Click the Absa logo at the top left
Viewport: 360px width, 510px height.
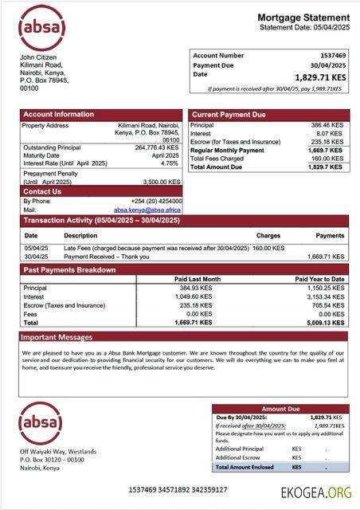pyautogui.click(x=41, y=28)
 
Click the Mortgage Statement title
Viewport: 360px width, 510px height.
pyautogui.click(x=303, y=18)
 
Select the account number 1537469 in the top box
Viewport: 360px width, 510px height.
pyautogui.click(x=329, y=56)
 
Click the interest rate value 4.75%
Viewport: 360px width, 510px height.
pyautogui.click(x=170, y=163)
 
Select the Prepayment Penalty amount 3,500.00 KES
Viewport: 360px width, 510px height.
pyautogui.click(x=159, y=182)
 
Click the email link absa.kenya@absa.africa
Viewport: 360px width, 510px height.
pyautogui.click(x=147, y=210)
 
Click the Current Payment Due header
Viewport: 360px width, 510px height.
pyautogui.click(x=229, y=115)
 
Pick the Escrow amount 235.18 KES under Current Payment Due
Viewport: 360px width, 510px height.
pyautogui.click(x=327, y=142)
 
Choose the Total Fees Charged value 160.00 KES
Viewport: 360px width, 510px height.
pyautogui.click(x=327, y=159)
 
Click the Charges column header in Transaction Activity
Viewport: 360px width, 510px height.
pyautogui.click(x=268, y=236)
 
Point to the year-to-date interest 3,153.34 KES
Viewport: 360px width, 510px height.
pyautogui.click(x=325, y=296)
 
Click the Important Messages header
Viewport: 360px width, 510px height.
pyautogui.click(x=57, y=337)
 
